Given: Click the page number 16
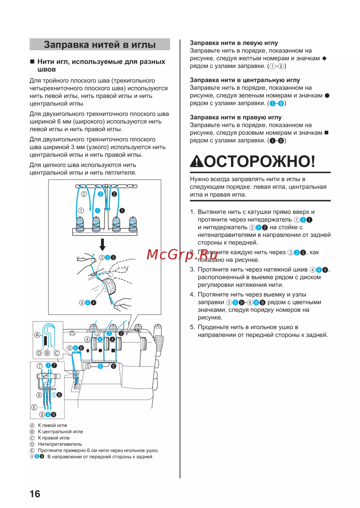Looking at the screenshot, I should tap(35, 494).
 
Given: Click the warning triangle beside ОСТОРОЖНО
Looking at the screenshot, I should tap(197, 162).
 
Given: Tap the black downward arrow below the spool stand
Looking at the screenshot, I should tap(103, 244).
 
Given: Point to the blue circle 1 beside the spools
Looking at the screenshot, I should tap(98, 211).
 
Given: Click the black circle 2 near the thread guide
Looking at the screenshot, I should tap(114, 194).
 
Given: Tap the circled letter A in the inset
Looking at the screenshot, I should tap(37, 335).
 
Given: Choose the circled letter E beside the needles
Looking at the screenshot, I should tap(34, 407).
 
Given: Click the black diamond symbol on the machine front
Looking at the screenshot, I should tap(88, 350).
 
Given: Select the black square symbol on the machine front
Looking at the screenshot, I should tap(113, 350).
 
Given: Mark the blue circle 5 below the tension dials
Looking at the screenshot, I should tap(100, 366).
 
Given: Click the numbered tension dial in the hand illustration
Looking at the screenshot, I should tap(109, 286).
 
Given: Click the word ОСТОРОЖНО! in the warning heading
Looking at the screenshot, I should tap(260, 161).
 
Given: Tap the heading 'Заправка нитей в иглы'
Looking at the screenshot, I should tap(100, 45).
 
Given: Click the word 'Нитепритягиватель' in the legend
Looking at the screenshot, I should tap(60, 444).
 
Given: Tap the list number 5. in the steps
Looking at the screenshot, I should tap(192, 327).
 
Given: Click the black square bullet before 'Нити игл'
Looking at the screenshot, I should tap(32, 62).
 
